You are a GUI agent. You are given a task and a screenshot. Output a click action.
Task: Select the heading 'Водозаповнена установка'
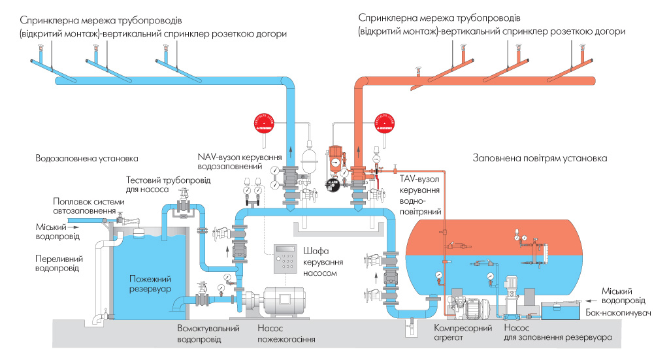(87, 158)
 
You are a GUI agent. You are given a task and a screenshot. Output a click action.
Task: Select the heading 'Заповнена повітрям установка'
(540, 158)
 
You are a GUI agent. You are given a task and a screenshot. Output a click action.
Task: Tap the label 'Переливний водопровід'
(59, 263)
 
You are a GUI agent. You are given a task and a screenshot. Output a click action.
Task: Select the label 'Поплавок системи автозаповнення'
(85, 206)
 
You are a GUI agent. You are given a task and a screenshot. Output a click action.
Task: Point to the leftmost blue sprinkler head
(41, 50)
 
